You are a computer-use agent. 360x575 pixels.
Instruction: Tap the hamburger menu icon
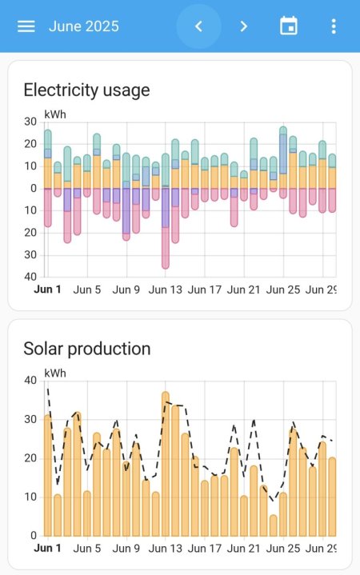26,26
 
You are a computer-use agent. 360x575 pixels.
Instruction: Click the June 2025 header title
83,26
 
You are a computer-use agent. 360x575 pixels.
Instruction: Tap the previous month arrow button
199,26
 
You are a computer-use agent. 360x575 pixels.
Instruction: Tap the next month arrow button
244,26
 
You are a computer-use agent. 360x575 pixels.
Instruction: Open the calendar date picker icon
288,26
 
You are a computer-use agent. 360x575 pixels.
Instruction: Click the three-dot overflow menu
334,26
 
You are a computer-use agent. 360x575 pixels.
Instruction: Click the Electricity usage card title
86,90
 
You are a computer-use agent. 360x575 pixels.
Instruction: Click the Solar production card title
86,349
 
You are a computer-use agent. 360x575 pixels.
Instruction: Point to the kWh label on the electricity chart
55,114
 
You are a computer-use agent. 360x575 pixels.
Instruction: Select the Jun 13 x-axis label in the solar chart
166,549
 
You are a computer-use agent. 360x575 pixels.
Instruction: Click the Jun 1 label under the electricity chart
47,289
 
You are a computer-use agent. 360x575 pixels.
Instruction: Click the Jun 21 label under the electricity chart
244,289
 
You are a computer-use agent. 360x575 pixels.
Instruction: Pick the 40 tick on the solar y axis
30,381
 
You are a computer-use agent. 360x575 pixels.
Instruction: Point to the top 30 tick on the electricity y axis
30,122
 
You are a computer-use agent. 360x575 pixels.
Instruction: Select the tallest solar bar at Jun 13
166,464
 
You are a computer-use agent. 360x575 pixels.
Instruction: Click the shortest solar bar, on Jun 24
274,525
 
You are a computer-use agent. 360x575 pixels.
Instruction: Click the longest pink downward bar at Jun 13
166,248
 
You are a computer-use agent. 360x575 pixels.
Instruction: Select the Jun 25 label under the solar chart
283,549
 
